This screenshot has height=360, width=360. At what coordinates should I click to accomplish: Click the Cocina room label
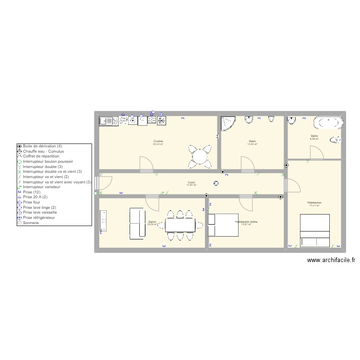[158, 141]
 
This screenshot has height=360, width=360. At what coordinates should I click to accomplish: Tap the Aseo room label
[252, 141]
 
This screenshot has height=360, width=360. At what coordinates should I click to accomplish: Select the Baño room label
[314, 136]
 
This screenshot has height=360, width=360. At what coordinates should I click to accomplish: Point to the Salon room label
[152, 222]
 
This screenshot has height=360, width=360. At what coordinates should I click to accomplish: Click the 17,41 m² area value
[315, 206]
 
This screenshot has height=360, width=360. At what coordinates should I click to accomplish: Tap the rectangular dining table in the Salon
[180, 225]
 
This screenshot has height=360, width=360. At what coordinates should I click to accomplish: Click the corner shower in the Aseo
[228, 123]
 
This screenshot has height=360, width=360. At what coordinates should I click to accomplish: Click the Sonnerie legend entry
[30, 223]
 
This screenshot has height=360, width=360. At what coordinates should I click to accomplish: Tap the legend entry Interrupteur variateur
[42, 187]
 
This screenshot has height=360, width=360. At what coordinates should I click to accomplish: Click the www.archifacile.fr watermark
[331, 261]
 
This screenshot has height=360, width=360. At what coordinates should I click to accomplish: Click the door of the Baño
[317, 153]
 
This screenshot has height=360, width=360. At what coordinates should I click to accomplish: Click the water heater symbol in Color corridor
[216, 182]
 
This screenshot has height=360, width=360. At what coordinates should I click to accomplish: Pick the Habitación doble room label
[246, 222]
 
